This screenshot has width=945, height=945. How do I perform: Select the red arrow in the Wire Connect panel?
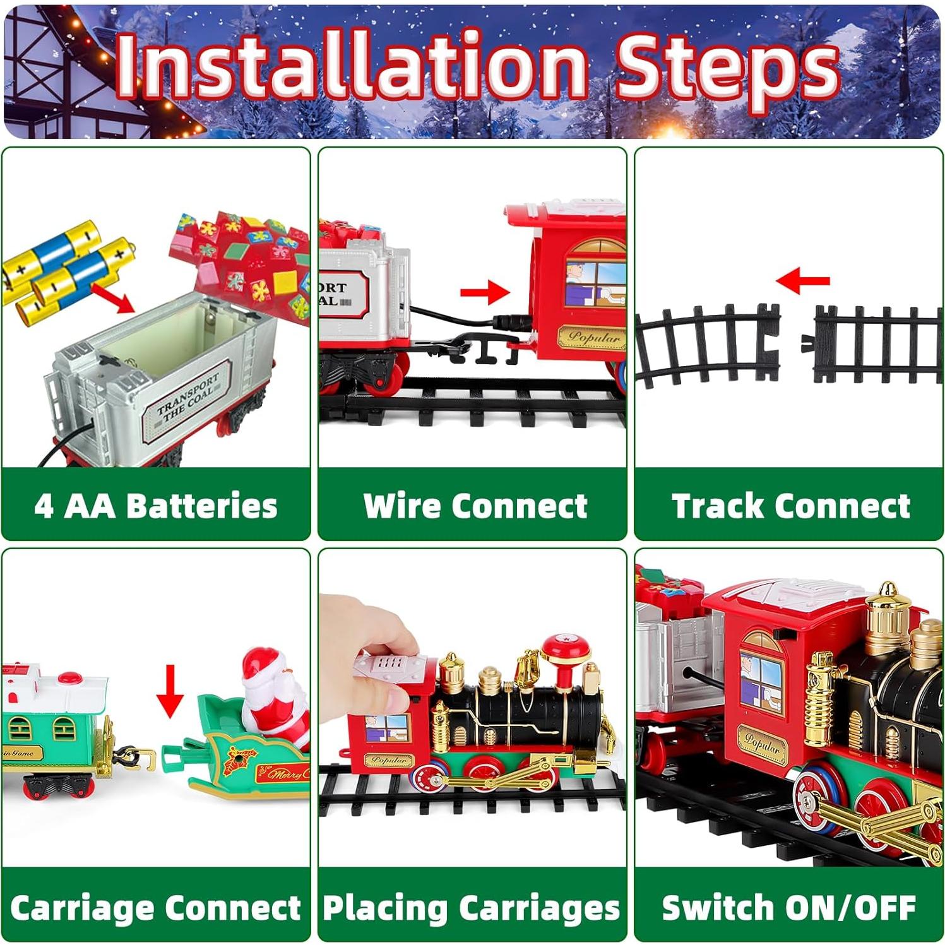click(485, 292)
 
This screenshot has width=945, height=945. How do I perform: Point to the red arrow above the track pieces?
click(802, 280)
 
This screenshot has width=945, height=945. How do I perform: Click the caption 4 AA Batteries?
click(156, 506)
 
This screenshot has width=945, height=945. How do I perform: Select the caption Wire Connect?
click(475, 506)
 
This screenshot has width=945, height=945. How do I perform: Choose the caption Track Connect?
click(790, 506)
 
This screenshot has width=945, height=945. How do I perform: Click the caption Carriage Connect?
click(155, 908)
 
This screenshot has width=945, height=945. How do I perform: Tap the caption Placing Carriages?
click(471, 908)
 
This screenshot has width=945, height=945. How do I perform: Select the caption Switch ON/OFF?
click(788, 908)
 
